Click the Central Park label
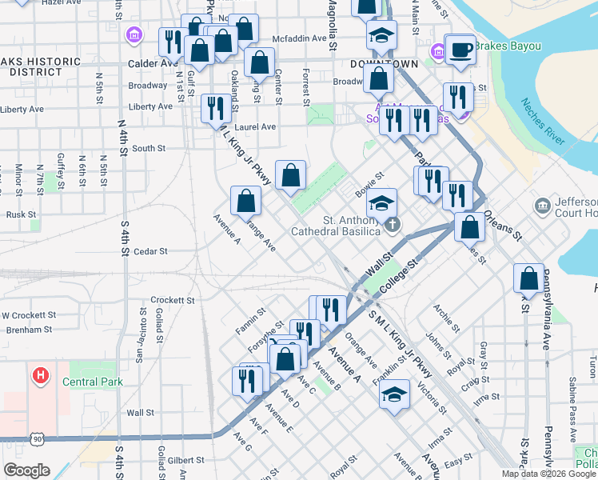tap(95, 382)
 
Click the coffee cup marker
tap(460, 50)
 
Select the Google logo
tap(27, 470)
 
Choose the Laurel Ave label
tap(256, 126)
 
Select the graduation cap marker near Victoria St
tap(393, 394)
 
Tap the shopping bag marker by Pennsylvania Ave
tap(528, 279)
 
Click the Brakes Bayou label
tap(503, 46)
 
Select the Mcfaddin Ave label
tap(300, 38)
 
